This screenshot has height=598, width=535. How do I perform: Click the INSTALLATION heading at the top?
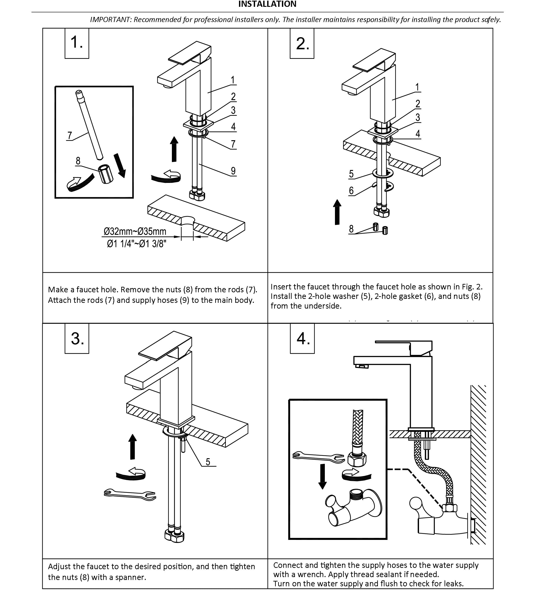click(267, 4)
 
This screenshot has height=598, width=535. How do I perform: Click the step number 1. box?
click(77, 43)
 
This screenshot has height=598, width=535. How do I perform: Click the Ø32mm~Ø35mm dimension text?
click(135, 232)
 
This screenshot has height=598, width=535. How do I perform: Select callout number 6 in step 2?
click(351, 191)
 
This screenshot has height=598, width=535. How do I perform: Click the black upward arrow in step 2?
click(337, 212)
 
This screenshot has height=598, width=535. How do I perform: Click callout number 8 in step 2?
click(351, 228)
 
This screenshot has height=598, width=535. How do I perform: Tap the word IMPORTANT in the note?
click(111, 20)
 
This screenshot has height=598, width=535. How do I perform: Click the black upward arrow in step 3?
click(132, 447)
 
